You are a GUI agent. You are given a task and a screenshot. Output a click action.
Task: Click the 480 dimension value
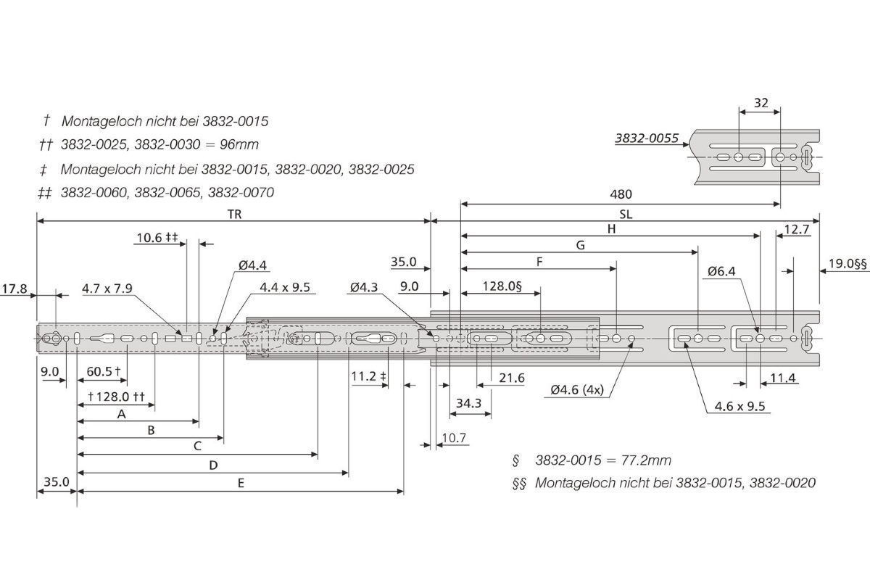pos(621,194)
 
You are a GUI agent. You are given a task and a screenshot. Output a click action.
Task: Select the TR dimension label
pos(235,215)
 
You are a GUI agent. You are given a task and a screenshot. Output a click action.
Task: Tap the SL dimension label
pos(626,215)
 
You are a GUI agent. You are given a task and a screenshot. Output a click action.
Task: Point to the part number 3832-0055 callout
pos(647,138)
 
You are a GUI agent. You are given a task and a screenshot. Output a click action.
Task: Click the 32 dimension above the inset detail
pos(761,103)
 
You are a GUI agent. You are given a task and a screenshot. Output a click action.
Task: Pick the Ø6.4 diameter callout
pos(721,271)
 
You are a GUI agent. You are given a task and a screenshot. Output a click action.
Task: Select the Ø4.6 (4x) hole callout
pos(577,389)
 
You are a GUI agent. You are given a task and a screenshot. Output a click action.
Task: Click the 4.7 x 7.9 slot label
pos(107,289)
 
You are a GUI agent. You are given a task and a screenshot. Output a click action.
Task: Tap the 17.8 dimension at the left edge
pos(14,289)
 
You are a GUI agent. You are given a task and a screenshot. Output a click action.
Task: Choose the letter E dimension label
pos(241,484)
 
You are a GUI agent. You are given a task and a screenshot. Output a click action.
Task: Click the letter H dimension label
pos(611,229)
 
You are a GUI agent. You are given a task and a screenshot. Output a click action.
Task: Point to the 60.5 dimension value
pos(99,372)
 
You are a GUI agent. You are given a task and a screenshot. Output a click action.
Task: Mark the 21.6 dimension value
pos(512,378)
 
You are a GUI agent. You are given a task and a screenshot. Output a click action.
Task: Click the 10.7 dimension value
pos(454,438)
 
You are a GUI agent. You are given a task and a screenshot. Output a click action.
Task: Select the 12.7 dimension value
pos(797,230)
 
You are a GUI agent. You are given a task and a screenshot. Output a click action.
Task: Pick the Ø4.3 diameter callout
pos(364,288)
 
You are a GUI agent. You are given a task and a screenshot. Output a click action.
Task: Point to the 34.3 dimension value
pos(468,403)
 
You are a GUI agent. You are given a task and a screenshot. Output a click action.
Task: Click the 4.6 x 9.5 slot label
pos(740,406)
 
